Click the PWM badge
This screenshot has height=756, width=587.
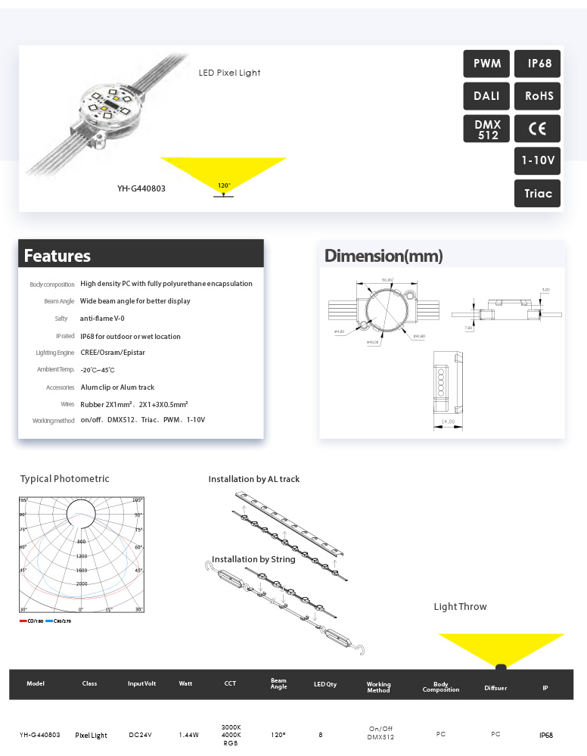[487, 64]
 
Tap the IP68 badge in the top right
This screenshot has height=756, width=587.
[538, 64]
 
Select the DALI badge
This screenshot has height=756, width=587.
[487, 96]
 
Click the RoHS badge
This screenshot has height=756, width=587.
[538, 96]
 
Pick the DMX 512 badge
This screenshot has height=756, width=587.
[487, 129]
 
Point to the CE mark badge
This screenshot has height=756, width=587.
[538, 129]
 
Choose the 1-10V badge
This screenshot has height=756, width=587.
[538, 160]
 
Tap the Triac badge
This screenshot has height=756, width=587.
[538, 193]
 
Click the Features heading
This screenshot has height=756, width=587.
[57, 256]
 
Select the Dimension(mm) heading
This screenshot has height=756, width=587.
[384, 256]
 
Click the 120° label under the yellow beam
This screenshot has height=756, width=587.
[223, 185]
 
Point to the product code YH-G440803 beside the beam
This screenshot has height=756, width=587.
[141, 188]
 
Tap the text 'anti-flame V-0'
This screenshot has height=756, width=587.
[102, 319]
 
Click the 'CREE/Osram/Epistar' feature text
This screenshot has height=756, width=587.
[113, 353]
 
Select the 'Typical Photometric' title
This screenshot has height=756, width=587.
[65, 479]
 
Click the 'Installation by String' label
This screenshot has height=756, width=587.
[253, 559]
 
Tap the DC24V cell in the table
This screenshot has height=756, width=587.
[141, 735]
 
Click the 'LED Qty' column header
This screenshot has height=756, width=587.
[325, 684]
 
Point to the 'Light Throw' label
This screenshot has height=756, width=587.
[460, 607]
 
